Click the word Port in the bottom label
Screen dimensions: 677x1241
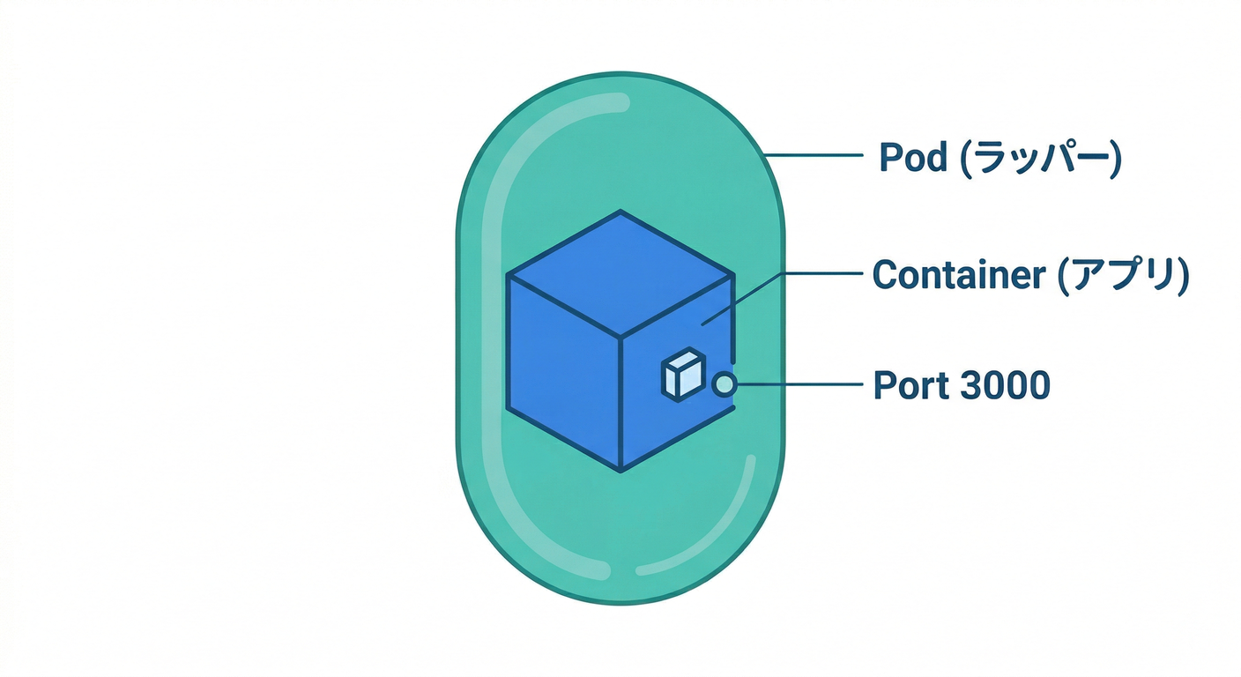point(909,386)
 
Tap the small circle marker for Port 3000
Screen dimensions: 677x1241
point(724,384)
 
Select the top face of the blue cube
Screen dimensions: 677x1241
point(620,273)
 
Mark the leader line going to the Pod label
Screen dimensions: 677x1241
point(811,156)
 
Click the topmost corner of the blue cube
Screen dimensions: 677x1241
point(620,212)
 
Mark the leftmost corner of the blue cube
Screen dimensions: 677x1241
point(508,275)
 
